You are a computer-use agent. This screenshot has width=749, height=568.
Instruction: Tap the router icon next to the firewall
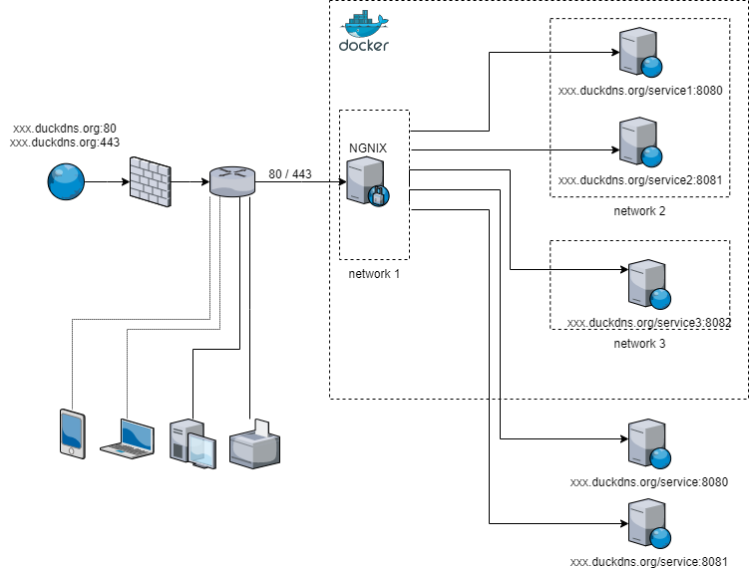(x=232, y=181)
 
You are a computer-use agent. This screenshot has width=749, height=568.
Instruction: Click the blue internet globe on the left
(x=66, y=182)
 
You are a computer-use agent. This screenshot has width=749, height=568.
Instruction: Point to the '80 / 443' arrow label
(x=290, y=174)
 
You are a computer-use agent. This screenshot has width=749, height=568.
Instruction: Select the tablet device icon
(x=72, y=433)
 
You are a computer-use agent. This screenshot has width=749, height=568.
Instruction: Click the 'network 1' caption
(x=374, y=274)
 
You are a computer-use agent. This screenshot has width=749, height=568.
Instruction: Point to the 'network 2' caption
(x=639, y=211)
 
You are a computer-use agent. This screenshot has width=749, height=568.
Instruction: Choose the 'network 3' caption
(x=639, y=344)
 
